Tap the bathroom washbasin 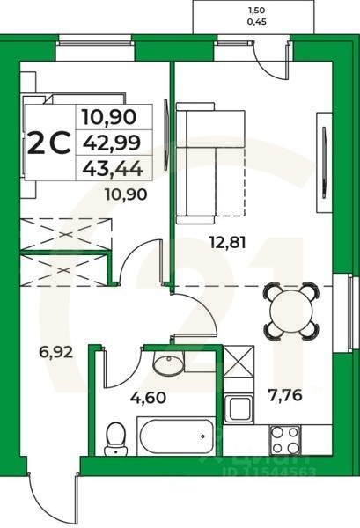pyautogui.click(x=166, y=363)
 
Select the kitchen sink pyautogui.click(x=239, y=407)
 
